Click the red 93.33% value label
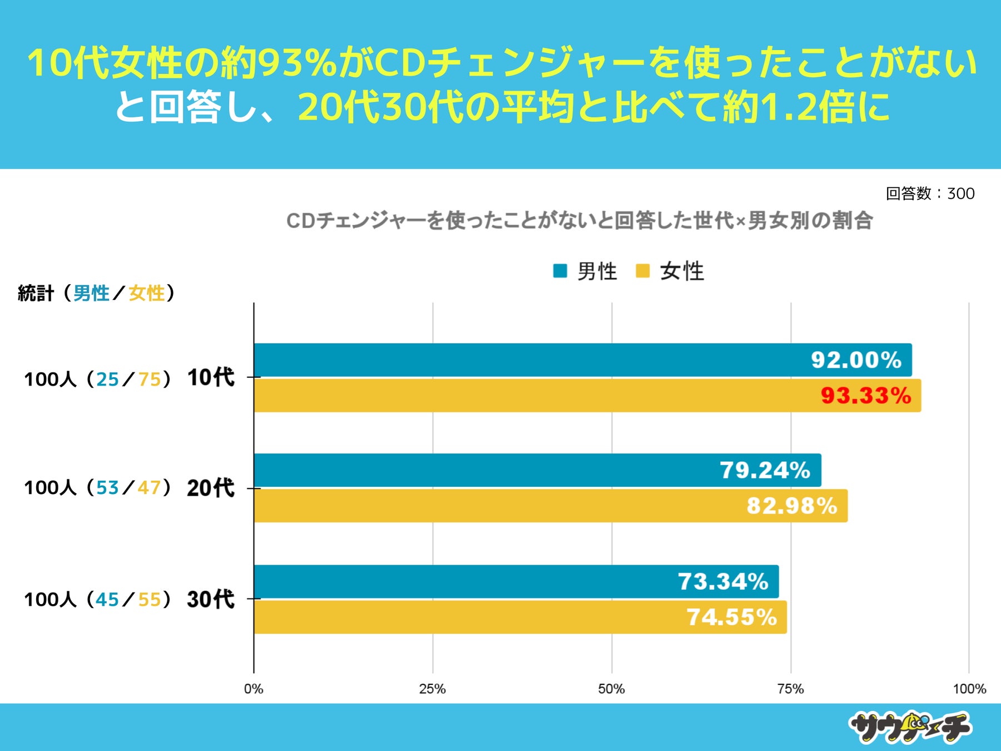pyautogui.click(x=866, y=396)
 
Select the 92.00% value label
pyautogui.click(x=856, y=360)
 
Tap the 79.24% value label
pyautogui.click(x=765, y=470)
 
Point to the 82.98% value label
pyautogui.click(x=791, y=506)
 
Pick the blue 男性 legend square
pyautogui.click(x=560, y=271)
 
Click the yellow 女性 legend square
pyautogui.click(x=642, y=271)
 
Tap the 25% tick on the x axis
pyautogui.click(x=433, y=689)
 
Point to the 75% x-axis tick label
pyautogui.click(x=790, y=689)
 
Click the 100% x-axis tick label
pyautogui.click(x=969, y=689)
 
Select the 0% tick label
pyautogui.click(x=254, y=689)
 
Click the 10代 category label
pyautogui.click(x=211, y=378)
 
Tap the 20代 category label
pyautogui.click(x=211, y=488)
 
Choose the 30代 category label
pyautogui.click(x=211, y=599)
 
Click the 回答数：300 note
pyautogui.click(x=930, y=194)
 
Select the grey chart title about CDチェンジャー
pyautogui.click(x=579, y=221)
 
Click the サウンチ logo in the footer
pyautogui.click(x=910, y=727)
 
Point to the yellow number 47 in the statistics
pyautogui.click(x=149, y=488)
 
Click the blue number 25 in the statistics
pyautogui.click(x=107, y=379)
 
